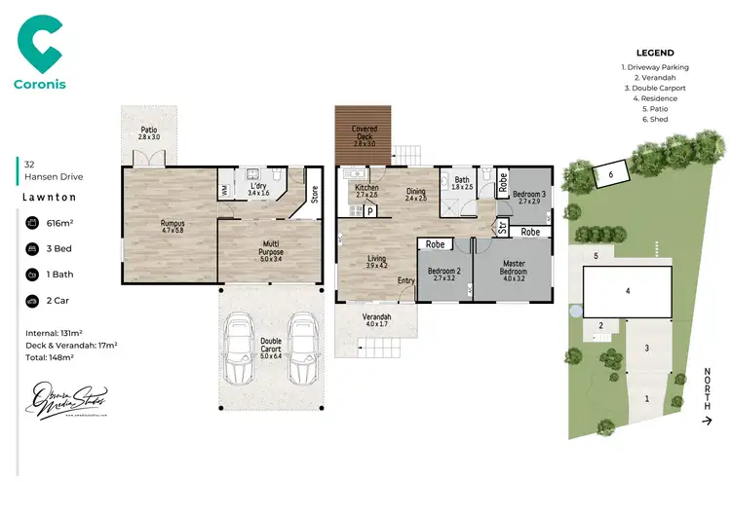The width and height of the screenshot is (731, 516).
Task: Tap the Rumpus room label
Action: [172, 226]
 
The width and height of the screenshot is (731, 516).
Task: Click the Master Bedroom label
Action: [513, 268]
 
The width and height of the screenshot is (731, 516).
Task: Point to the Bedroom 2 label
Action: [443, 272]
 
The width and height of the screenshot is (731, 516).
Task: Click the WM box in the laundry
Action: [225, 189]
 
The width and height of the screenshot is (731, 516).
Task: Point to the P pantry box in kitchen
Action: [370, 208]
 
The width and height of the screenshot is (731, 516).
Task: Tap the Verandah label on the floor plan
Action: [376, 320]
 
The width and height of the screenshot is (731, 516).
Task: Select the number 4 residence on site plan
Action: [629, 291]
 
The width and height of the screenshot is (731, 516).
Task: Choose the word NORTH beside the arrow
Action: [707, 389]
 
